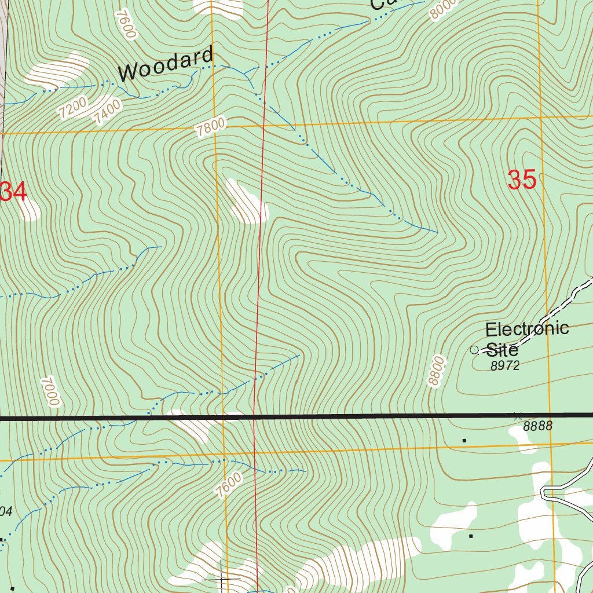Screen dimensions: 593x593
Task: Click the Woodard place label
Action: [x=166, y=64]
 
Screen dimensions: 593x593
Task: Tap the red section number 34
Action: [x=13, y=192]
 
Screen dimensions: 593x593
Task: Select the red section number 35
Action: [x=522, y=180]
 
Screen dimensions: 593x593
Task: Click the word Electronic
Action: [x=526, y=330]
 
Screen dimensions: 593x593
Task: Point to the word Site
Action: [x=502, y=350]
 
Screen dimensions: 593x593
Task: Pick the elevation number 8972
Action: [x=505, y=366]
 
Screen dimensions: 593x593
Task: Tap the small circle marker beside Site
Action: [x=474, y=350]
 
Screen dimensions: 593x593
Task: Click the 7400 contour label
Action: [x=108, y=112]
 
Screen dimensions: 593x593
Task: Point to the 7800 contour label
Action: [x=210, y=127]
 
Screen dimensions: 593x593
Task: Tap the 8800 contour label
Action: [x=436, y=371]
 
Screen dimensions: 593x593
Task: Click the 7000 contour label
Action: [x=50, y=392]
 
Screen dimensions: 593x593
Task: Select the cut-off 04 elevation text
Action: [x=6, y=511]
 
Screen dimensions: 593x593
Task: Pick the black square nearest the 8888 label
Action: [x=464, y=441]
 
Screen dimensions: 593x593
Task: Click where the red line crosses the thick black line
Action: [x=255, y=416]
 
